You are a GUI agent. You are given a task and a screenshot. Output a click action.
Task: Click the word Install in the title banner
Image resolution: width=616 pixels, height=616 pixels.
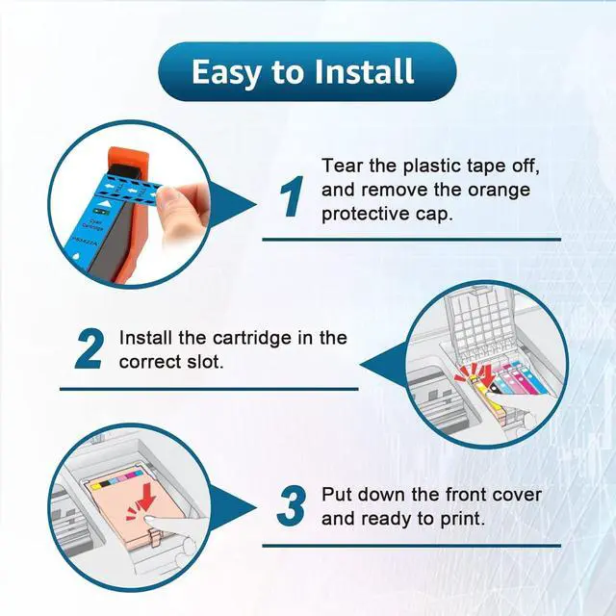tap(364, 71)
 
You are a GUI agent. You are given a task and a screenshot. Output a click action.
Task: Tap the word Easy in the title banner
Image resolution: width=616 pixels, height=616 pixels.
tap(226, 73)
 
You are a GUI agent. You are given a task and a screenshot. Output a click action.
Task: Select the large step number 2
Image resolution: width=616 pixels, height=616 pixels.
tap(90, 348)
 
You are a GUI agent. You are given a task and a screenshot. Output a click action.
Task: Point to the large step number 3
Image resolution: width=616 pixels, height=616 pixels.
tap(291, 505)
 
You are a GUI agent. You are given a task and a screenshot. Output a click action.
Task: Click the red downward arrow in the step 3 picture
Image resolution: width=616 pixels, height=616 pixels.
tap(148, 497)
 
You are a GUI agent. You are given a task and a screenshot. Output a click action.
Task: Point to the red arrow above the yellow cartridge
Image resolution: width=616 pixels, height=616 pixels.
tap(487, 375)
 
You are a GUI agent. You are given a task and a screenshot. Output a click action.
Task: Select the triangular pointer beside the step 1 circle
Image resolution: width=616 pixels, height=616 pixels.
tap(232, 204)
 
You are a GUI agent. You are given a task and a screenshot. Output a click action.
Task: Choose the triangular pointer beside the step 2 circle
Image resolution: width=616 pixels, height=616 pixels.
tap(383, 365)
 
